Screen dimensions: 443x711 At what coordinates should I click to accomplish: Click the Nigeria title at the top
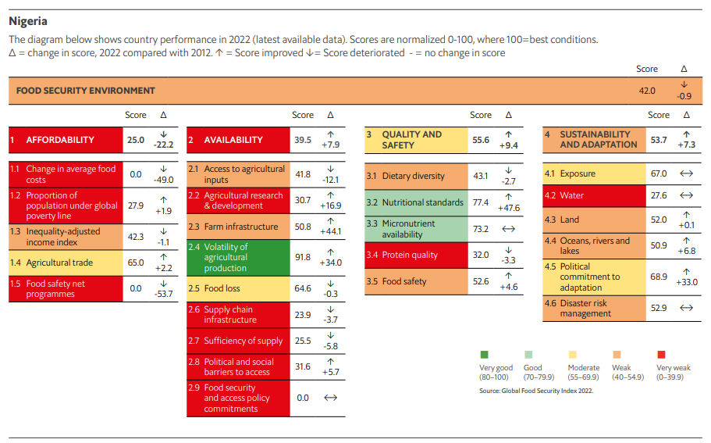click(x=28, y=21)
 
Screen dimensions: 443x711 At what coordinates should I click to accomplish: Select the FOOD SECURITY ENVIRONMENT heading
click(x=86, y=91)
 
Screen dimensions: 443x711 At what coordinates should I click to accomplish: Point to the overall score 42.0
click(x=647, y=91)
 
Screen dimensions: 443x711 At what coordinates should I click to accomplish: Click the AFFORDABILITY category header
click(x=60, y=140)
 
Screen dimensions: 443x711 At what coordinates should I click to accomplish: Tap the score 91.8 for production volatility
click(x=303, y=257)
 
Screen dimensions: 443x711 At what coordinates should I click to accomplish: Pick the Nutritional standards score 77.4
click(x=481, y=202)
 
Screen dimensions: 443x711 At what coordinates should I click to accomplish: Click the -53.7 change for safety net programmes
click(x=163, y=294)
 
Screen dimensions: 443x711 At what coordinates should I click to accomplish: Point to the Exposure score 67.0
click(x=659, y=173)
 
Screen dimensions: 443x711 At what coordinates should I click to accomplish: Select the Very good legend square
click(x=484, y=355)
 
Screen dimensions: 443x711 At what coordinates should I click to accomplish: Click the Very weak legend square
click(x=661, y=355)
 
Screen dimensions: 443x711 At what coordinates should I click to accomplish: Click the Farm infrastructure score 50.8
click(x=303, y=227)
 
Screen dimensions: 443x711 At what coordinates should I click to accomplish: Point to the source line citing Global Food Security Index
click(x=536, y=391)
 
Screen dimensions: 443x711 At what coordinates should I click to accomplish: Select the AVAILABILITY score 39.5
click(x=303, y=140)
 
